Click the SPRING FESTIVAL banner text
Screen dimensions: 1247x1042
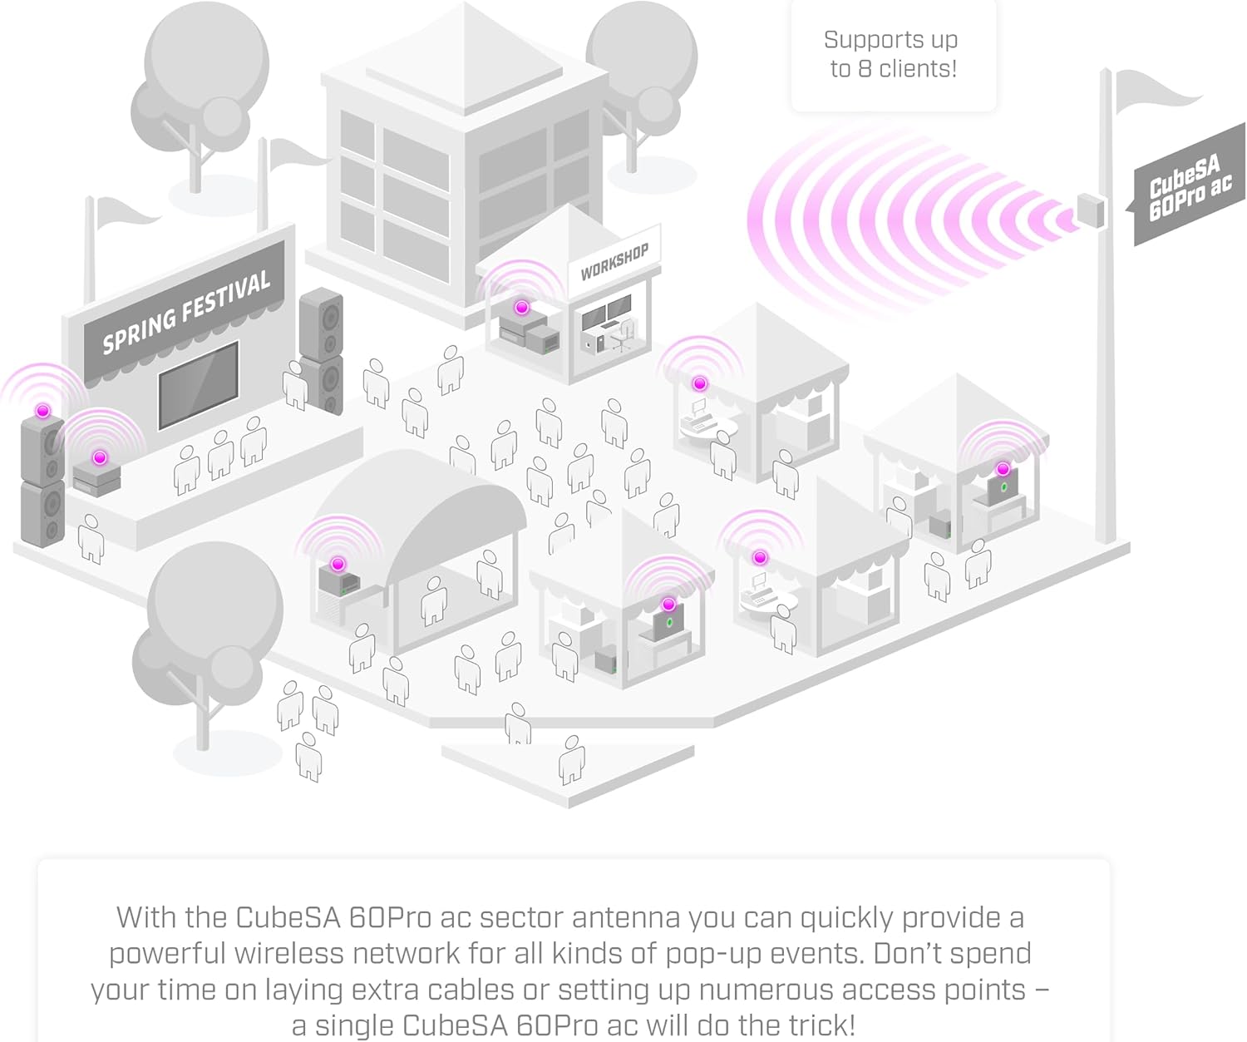coord(186,311)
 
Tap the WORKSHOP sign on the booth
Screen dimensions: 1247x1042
coord(614,261)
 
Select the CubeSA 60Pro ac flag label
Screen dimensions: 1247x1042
coord(1190,186)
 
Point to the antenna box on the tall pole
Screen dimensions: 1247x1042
coord(1091,210)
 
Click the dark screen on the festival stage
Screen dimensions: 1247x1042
coord(198,385)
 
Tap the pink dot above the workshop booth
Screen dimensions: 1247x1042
coord(522,308)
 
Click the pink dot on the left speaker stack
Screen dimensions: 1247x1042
coord(42,411)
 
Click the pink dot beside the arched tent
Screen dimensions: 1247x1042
coord(338,564)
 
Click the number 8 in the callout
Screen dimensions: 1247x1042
coord(865,69)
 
